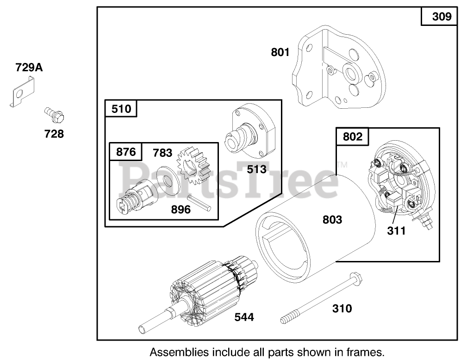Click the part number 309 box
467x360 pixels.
pos(439,16)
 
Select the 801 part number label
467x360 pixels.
pos(280,52)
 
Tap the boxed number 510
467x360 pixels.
pos(121,108)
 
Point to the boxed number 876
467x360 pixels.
pos(126,152)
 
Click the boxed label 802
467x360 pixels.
pos(352,137)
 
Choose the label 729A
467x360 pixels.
pos(29,68)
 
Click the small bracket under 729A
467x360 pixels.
pos(22,92)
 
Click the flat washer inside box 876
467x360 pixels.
pos(168,181)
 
